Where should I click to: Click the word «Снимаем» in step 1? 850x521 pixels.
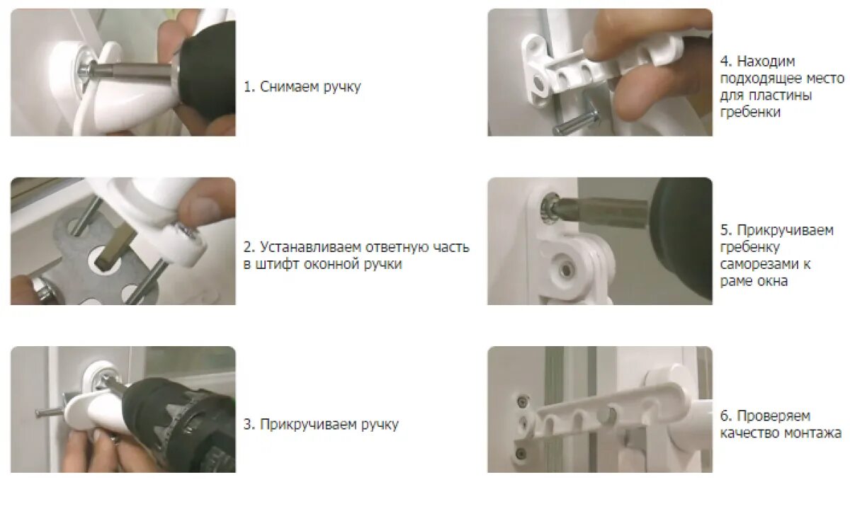290,87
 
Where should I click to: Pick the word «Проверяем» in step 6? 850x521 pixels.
773,416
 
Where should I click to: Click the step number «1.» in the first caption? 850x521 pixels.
249,87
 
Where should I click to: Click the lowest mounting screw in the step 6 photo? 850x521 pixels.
521,452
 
